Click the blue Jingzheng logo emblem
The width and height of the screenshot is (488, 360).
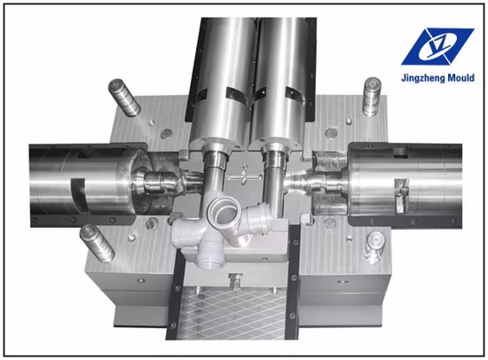click(437, 46)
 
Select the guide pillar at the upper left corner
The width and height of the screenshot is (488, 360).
click(124, 98)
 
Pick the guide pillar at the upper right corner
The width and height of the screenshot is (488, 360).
click(372, 97)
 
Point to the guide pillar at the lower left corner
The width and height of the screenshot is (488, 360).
click(98, 244)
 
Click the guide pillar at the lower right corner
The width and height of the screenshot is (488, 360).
click(374, 247)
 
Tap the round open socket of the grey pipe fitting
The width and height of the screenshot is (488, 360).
click(224, 212)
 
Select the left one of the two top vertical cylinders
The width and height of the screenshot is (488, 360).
click(223, 82)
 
